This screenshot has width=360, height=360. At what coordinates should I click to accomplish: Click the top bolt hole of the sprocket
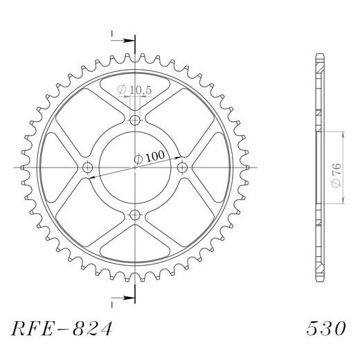click(x=135, y=120)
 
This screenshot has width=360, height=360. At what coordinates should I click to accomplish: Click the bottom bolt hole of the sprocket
click(x=135, y=215)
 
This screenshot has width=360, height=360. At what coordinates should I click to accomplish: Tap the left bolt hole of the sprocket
click(x=87, y=168)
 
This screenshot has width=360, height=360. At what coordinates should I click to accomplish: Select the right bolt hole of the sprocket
click(x=183, y=168)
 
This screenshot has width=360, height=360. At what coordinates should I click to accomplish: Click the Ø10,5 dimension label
click(x=134, y=90)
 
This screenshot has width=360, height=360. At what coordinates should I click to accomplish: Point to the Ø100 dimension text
click(x=150, y=157)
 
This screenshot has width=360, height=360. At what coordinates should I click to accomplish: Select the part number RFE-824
click(x=62, y=328)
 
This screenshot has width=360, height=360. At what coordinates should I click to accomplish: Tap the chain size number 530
click(x=326, y=328)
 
